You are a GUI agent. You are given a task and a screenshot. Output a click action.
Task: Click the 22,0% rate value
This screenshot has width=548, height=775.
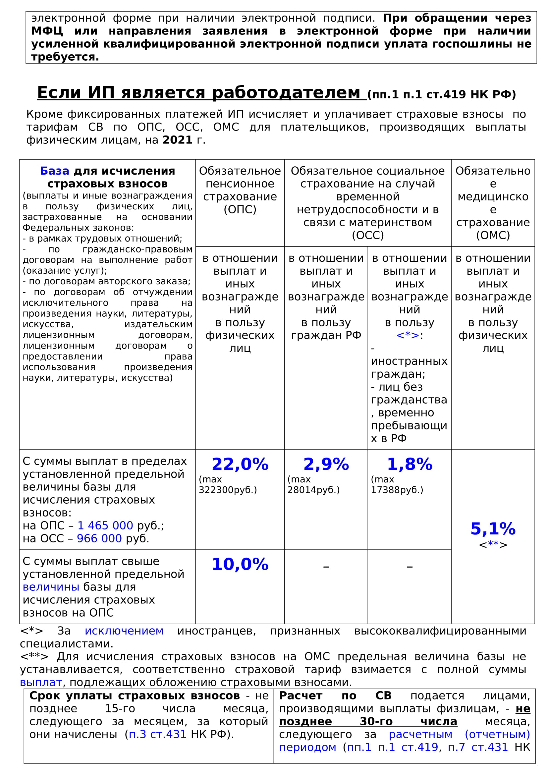240,464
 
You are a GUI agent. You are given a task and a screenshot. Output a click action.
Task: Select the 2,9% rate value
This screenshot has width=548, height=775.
326,464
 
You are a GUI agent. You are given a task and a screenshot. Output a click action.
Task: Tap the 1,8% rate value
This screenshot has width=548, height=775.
409,464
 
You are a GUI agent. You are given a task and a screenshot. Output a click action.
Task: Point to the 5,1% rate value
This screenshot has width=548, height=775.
493,529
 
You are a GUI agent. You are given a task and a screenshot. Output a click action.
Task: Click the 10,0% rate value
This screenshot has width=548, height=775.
240,564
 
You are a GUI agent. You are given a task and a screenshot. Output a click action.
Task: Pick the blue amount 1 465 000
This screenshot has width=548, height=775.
105,526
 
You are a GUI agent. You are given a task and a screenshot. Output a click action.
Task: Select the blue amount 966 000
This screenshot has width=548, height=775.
99,538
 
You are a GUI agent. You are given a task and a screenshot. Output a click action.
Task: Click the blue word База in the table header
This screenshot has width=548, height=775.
55,171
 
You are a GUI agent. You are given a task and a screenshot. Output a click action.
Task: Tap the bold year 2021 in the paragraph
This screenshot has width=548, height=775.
178,140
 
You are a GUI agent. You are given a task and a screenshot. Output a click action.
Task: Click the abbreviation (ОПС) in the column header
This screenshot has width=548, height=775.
240,210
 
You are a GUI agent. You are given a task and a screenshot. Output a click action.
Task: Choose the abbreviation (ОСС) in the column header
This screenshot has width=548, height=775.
368,235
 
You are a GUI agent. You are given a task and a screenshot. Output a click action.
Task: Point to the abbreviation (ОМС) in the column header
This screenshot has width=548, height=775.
493,235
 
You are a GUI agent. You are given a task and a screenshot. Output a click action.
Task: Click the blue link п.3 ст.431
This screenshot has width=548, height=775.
158,735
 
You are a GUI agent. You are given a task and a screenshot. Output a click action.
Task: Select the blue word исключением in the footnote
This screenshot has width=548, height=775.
124,631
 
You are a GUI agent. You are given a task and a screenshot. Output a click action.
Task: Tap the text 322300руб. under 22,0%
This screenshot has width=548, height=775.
228,490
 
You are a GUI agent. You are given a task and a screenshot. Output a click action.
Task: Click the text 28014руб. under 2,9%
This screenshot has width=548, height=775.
313,490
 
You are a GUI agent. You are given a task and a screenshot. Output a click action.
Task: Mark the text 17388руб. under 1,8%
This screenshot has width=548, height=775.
397,490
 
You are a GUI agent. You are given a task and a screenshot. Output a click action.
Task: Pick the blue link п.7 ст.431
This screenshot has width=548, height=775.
478,747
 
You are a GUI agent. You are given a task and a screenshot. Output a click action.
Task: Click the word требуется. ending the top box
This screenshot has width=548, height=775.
65,57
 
